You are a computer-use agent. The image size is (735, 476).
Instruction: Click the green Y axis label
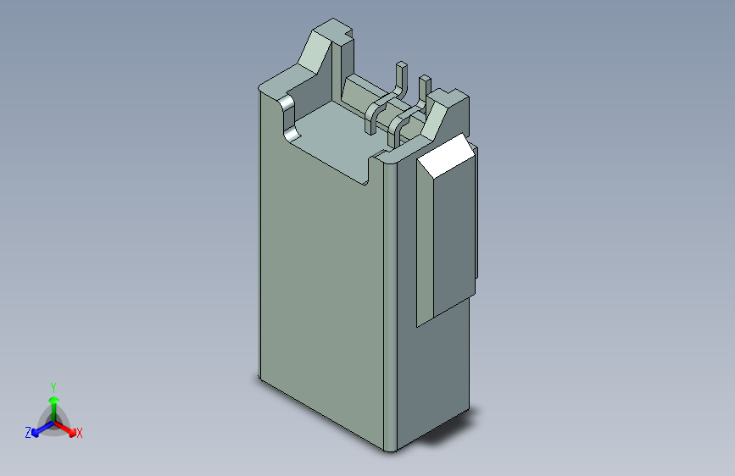coord(53,387)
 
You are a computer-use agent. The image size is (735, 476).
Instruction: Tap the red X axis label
coord(79,433)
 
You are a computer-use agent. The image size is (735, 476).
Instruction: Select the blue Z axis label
coord(28,433)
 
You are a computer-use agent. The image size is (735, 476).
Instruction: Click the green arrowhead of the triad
coord(54,400)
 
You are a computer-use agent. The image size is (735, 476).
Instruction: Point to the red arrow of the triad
coord(65,429)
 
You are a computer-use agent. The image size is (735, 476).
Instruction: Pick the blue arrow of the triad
coord(43,429)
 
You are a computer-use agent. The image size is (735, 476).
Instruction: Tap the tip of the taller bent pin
coord(402,64)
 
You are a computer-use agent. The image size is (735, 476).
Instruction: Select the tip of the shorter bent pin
coord(425,77)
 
